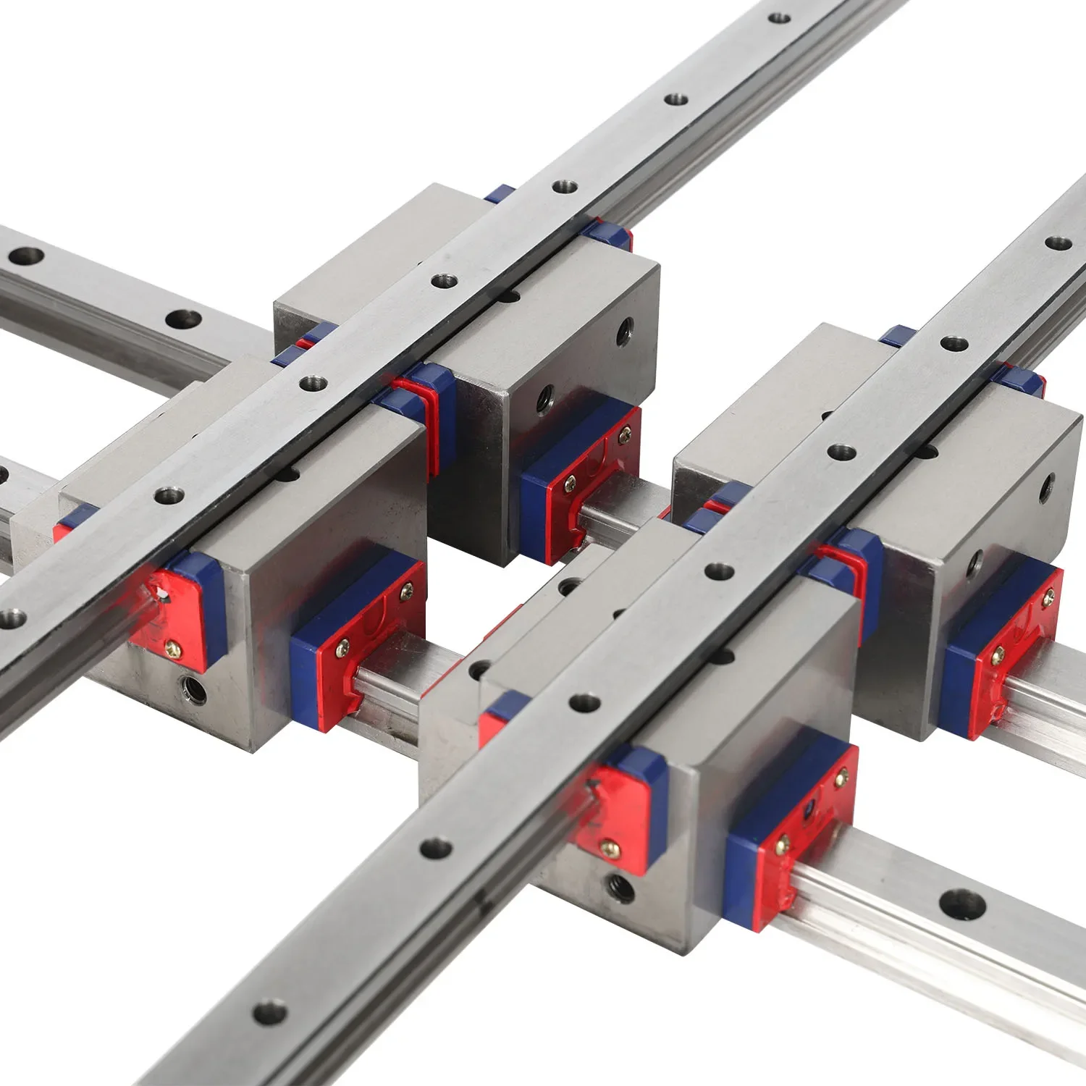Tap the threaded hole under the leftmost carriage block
(192, 689)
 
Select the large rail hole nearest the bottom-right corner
(962, 904)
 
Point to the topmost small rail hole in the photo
(779, 16)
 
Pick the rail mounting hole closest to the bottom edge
(270, 1011)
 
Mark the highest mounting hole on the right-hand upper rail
(1058, 243)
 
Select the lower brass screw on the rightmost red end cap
(998, 655)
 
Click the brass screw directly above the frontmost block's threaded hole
(610, 846)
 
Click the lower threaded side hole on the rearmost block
(542, 397)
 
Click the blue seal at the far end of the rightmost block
(898, 335)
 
